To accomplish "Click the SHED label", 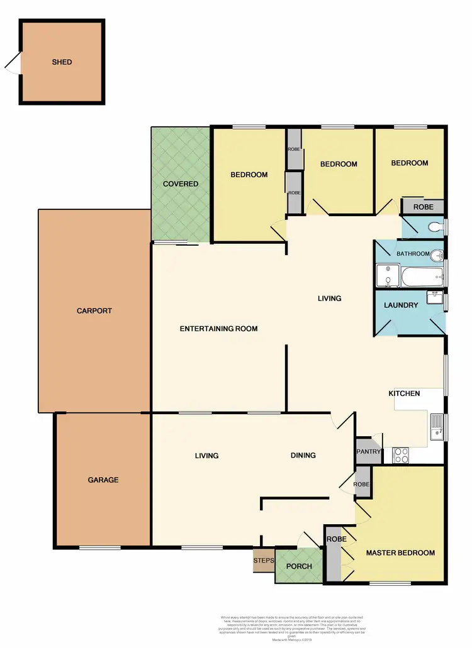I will [x=62, y=62].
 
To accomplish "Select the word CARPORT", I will [x=94, y=310].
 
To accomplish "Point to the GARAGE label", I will [x=103, y=480].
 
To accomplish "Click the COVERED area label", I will [x=181, y=184].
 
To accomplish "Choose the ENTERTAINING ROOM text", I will [x=218, y=329].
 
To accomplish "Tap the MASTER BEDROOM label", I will [x=400, y=553].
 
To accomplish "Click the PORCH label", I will [x=299, y=566].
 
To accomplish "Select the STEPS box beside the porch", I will [x=264, y=561].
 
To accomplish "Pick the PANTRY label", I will [x=368, y=451].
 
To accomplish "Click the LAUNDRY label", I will [x=401, y=305].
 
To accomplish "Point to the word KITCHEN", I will [x=404, y=393].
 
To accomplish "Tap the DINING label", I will [x=303, y=456].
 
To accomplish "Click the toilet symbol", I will [x=435, y=227].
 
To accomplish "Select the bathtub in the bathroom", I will [x=422, y=275].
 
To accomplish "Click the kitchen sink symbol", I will [x=437, y=427].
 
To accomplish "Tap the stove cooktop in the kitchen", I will [x=401, y=455].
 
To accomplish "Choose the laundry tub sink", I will [x=434, y=297].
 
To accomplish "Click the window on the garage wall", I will [x=99, y=547].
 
